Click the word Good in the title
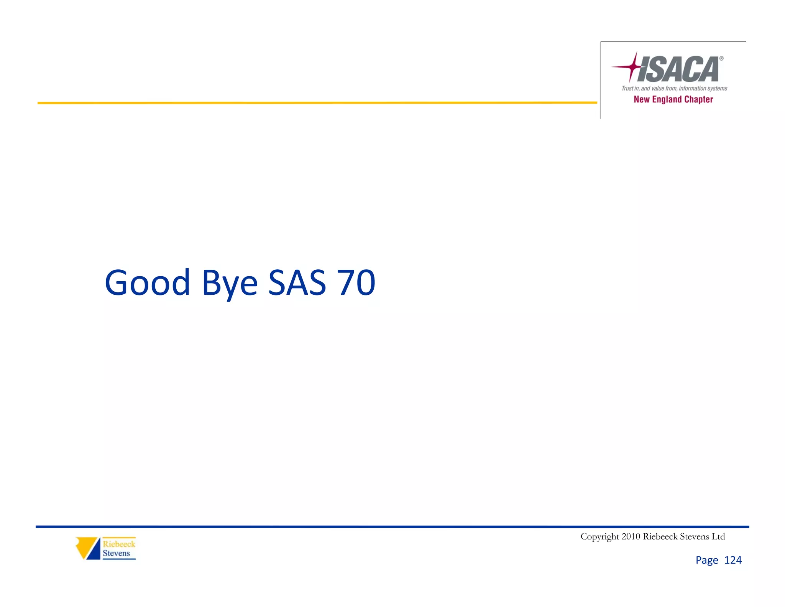click(148, 283)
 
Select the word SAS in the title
click(297, 283)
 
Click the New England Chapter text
click(673, 99)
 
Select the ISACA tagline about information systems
click(674, 88)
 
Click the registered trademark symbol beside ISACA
click(721, 59)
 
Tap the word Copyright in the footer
click(599, 537)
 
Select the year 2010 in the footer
click(631, 536)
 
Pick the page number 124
click(733, 560)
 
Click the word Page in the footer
click(707, 561)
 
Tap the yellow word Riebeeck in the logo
click(119, 544)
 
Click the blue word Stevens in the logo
click(116, 553)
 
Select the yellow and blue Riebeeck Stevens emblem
click(88, 548)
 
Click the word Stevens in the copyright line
click(694, 536)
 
